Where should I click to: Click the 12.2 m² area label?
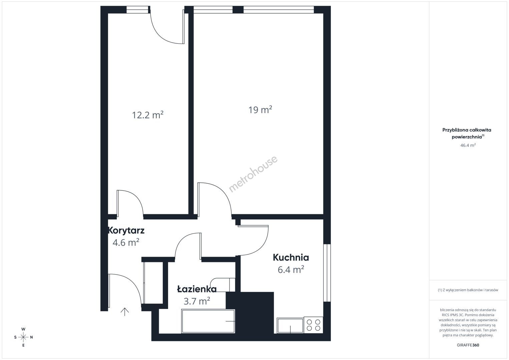click(x=148, y=115)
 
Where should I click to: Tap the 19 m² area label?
click(x=260, y=110)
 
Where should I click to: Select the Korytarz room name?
click(x=126, y=230)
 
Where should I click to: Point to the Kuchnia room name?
click(x=291, y=257)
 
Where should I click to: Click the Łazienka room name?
click(x=197, y=289)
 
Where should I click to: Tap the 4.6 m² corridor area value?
click(x=126, y=242)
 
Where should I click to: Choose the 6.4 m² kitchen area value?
click(x=291, y=270)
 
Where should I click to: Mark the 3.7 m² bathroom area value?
click(x=197, y=301)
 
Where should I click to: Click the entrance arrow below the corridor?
click(x=125, y=312)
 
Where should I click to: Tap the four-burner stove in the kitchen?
click(x=313, y=325)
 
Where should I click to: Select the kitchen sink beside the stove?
click(x=290, y=325)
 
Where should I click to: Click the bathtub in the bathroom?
click(x=208, y=321)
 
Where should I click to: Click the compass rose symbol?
click(x=23, y=337)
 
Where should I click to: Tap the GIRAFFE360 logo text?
click(x=468, y=345)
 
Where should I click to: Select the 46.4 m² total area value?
click(x=468, y=145)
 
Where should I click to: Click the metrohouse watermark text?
click(x=253, y=174)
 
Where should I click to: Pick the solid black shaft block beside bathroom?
click(x=250, y=313)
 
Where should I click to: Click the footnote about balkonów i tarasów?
click(x=468, y=290)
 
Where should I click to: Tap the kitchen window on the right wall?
click(x=327, y=273)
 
